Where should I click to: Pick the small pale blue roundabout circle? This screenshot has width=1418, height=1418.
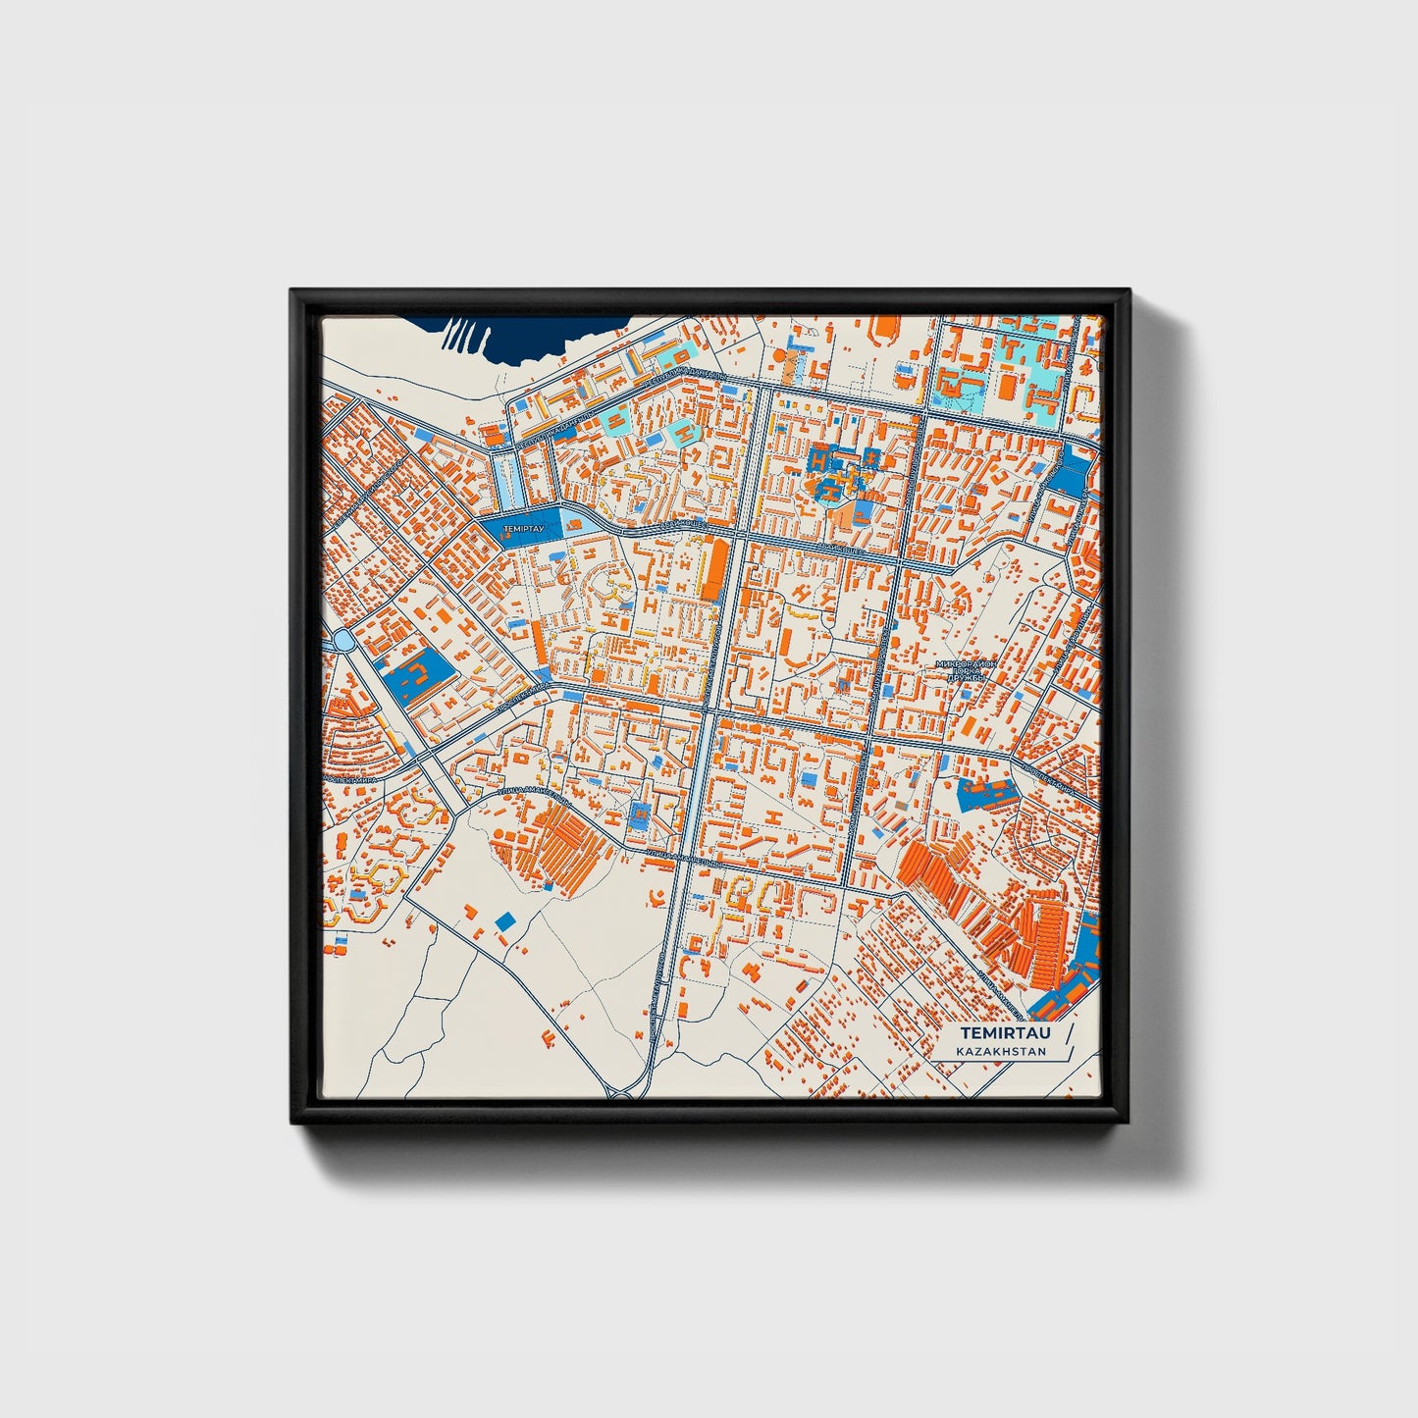[343, 640]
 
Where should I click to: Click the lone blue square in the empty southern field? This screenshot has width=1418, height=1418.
[505, 920]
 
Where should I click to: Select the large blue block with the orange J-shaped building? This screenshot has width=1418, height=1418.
[416, 674]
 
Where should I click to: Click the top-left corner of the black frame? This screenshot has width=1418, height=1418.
[294, 293]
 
